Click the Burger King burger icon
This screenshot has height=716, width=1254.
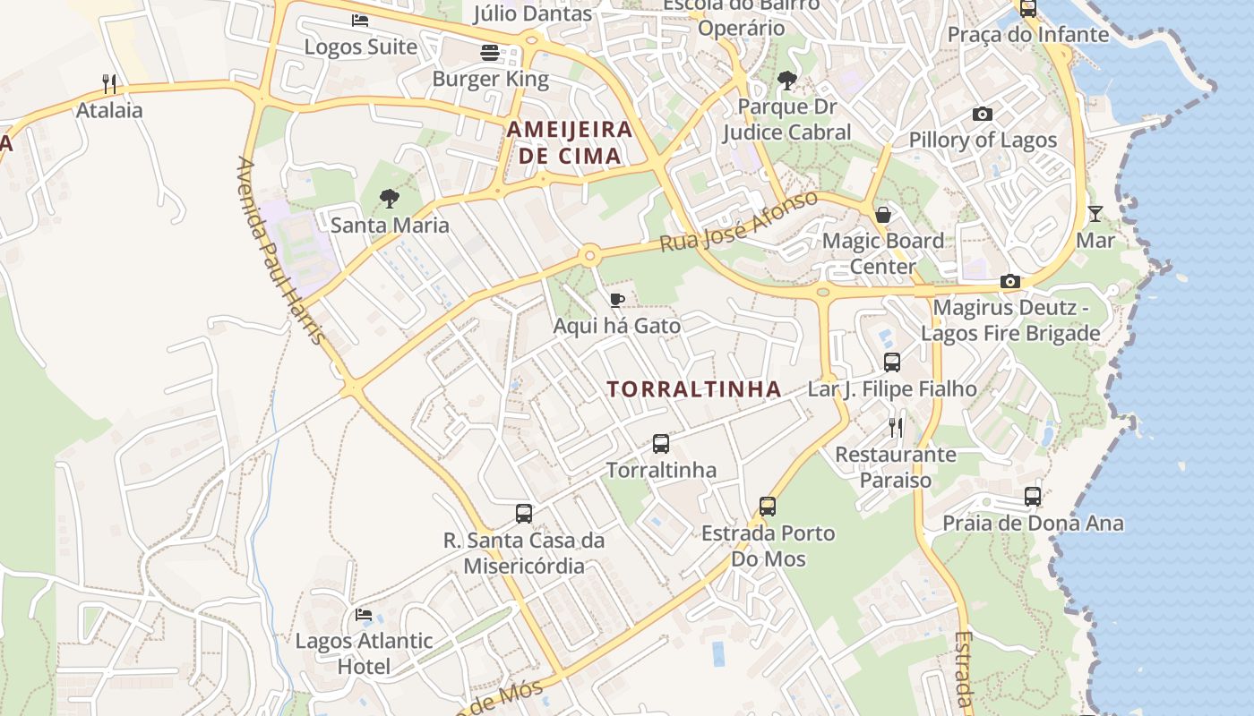tap(489, 53)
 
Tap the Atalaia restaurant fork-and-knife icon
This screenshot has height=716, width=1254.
tap(109, 84)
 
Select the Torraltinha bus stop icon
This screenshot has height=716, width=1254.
tap(661, 444)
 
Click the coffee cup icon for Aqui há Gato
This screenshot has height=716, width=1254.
tap(616, 300)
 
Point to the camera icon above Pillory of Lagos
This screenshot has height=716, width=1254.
tap(983, 114)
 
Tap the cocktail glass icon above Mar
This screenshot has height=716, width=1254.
tap(1095, 214)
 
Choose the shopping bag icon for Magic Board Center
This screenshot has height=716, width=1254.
tap(883, 215)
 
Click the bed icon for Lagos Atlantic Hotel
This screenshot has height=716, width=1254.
tap(364, 615)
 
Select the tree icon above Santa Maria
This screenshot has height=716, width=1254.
tap(389, 199)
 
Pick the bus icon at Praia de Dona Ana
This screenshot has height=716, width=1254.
tap(1033, 497)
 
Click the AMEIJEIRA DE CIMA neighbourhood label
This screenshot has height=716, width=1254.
tap(570, 142)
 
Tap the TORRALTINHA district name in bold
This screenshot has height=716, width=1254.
tap(694, 389)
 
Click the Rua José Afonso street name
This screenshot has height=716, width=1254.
tap(739, 221)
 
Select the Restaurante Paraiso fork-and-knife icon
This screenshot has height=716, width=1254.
tap(896, 428)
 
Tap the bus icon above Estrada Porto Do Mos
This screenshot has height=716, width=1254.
tap(768, 507)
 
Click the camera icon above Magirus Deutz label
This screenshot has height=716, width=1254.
tap(1010, 282)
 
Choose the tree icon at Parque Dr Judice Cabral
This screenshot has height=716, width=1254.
tap(787, 81)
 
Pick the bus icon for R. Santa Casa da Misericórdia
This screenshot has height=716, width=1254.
tap(524, 514)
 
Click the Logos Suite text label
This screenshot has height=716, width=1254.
tap(361, 47)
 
